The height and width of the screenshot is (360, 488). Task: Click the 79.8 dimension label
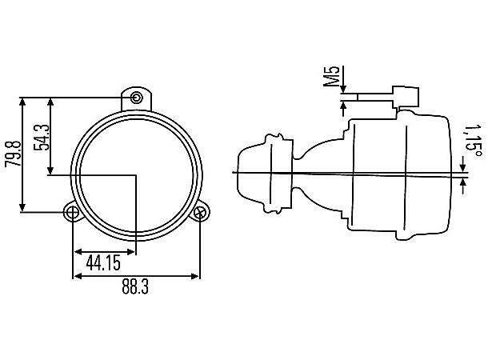[x=13, y=154]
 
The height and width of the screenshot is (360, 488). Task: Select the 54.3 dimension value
[x=42, y=138]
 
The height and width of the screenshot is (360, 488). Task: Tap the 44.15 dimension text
[x=103, y=262]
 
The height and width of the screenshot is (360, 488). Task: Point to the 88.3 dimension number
[x=135, y=286]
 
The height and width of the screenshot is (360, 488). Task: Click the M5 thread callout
[x=331, y=76]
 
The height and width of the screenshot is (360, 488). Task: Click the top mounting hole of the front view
[x=136, y=98]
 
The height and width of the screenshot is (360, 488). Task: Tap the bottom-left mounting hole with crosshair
[x=73, y=213]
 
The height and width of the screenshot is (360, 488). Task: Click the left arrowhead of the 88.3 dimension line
[x=77, y=276]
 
